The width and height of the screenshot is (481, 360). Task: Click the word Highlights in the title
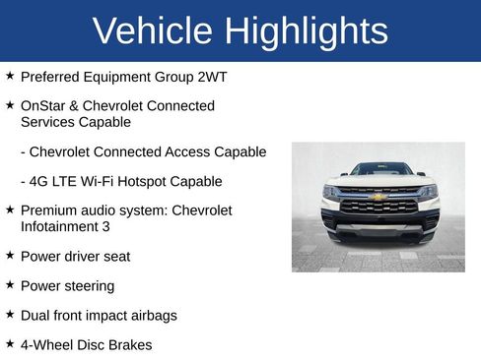[x=306, y=31]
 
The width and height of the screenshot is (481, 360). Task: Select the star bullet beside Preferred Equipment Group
[x=9, y=75]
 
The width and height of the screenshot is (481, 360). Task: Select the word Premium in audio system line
[x=49, y=210]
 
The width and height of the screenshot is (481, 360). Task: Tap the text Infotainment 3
[x=65, y=227]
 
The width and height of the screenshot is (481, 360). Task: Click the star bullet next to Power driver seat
[x=9, y=256]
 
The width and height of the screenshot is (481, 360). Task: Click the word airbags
[x=151, y=316]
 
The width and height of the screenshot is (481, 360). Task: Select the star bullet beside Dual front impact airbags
[x=9, y=315]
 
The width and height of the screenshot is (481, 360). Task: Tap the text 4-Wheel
[x=46, y=345]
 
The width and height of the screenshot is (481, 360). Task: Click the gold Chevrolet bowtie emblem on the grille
[x=378, y=197]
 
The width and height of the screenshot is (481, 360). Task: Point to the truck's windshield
[x=379, y=169]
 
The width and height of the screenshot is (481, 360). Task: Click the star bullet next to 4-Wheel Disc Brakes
[x=9, y=344]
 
